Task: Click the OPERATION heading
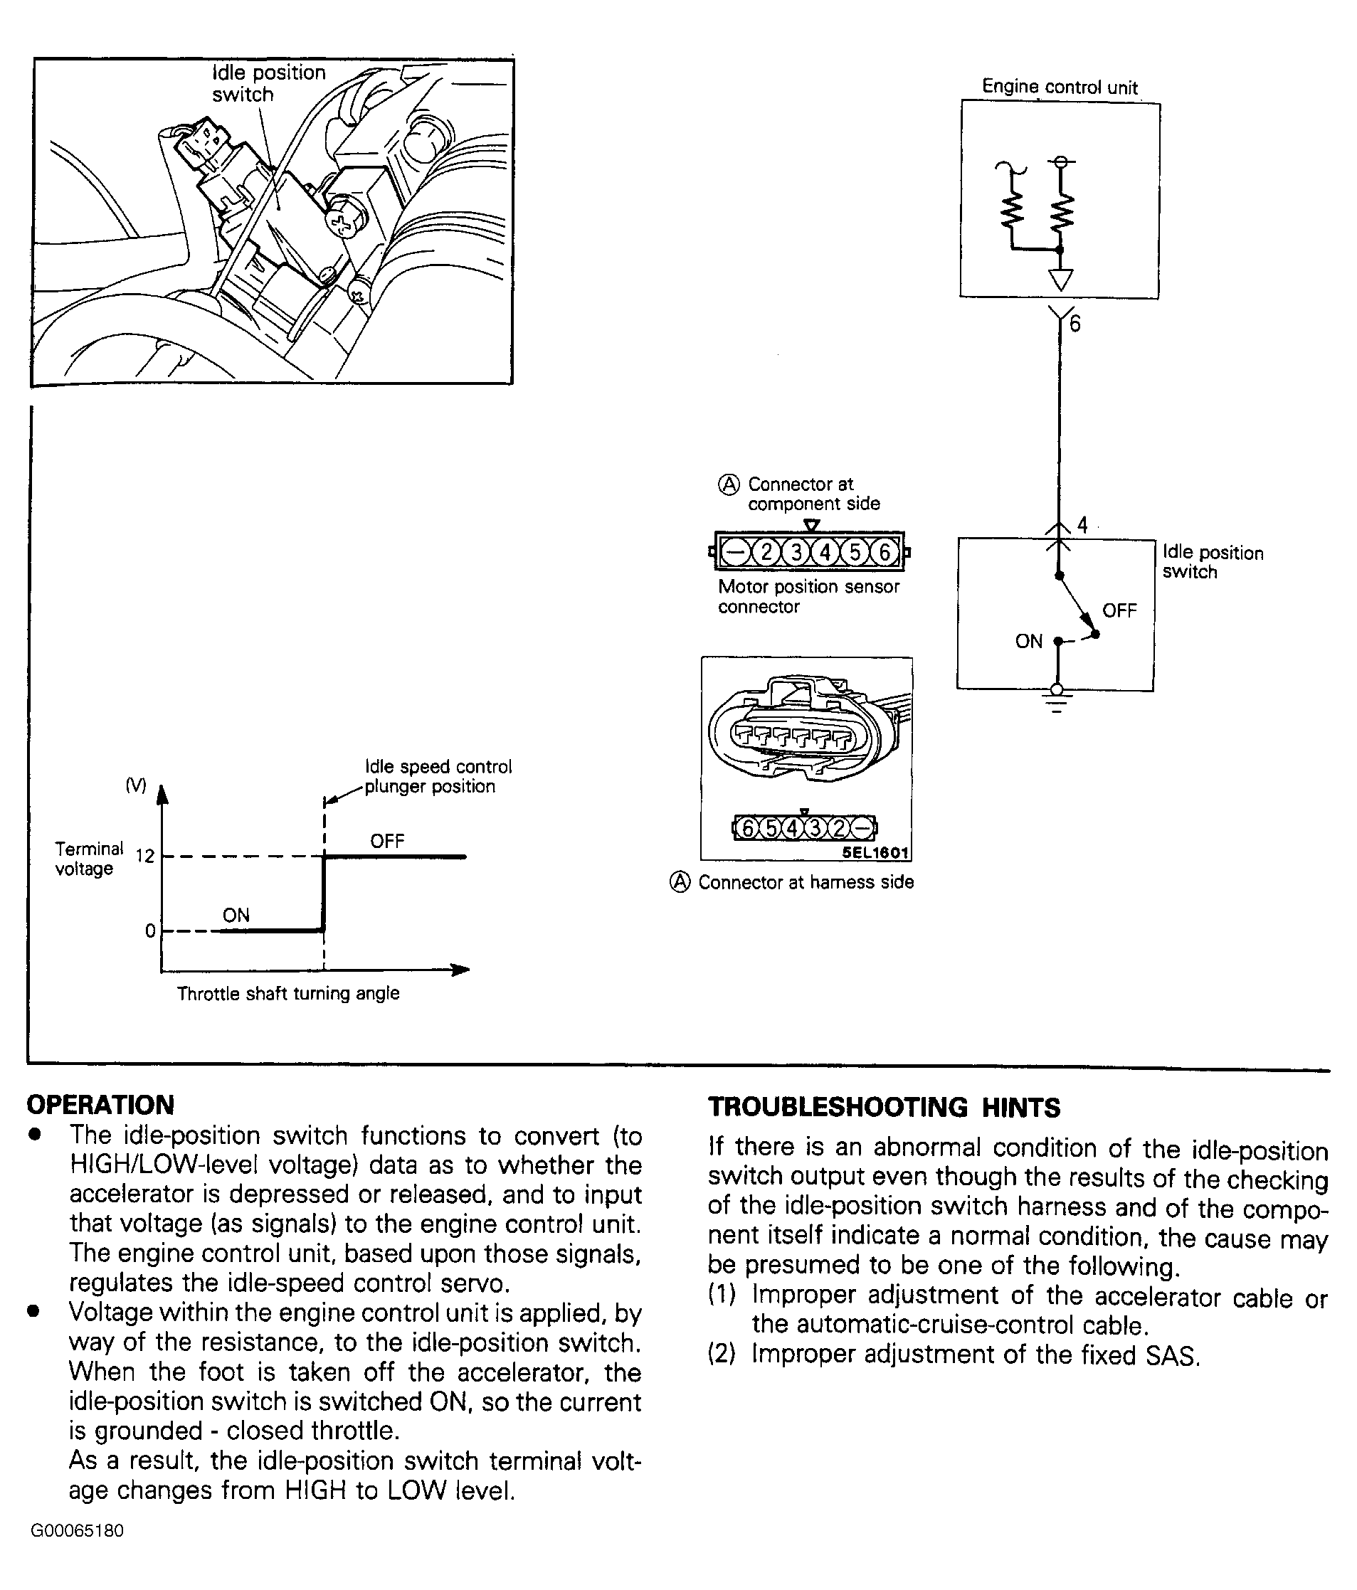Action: tap(100, 1105)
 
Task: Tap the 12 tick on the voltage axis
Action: tap(145, 857)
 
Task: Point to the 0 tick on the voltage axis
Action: tap(150, 931)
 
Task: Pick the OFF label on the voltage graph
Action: tap(387, 841)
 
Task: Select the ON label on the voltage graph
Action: tap(236, 915)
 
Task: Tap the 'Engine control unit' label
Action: tap(1059, 88)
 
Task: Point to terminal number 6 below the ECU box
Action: tap(1074, 324)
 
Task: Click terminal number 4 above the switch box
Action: tap(1082, 525)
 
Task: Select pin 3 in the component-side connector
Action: tap(796, 552)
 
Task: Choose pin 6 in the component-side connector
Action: tap(885, 552)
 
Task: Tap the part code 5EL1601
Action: tap(875, 852)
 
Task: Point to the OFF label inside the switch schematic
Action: tap(1119, 611)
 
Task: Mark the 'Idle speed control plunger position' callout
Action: tap(437, 776)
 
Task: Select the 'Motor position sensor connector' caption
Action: tap(808, 596)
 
